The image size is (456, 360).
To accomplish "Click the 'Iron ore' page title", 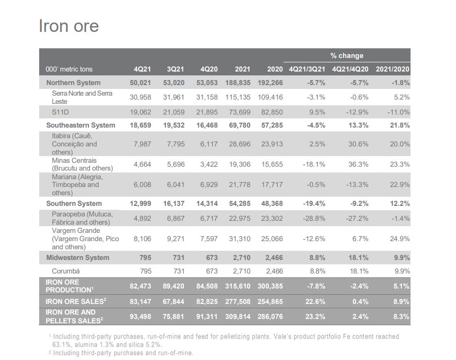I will pyautogui.click(x=69, y=26).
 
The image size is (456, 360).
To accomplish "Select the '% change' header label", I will pyautogui.click(x=347, y=56).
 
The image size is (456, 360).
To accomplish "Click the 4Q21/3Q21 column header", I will pyautogui.click(x=307, y=69).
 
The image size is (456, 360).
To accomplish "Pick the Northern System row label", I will pyautogui.click(x=74, y=83).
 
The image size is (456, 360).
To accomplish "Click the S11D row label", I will pyautogui.click(x=60, y=112).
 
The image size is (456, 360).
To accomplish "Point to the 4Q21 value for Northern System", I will pyautogui.click(x=140, y=83).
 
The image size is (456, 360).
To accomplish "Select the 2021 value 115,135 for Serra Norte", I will pyautogui.click(x=238, y=97).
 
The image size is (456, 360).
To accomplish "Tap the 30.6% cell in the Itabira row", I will pyautogui.click(x=358, y=144).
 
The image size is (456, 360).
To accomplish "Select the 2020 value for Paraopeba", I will pyautogui.click(x=272, y=218).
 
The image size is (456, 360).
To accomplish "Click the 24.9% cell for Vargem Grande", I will pyautogui.click(x=400, y=239).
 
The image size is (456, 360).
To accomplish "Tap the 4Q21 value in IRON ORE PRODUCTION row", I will pyautogui.click(x=140, y=286).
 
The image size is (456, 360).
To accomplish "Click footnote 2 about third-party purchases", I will pyautogui.click(x=123, y=353).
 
